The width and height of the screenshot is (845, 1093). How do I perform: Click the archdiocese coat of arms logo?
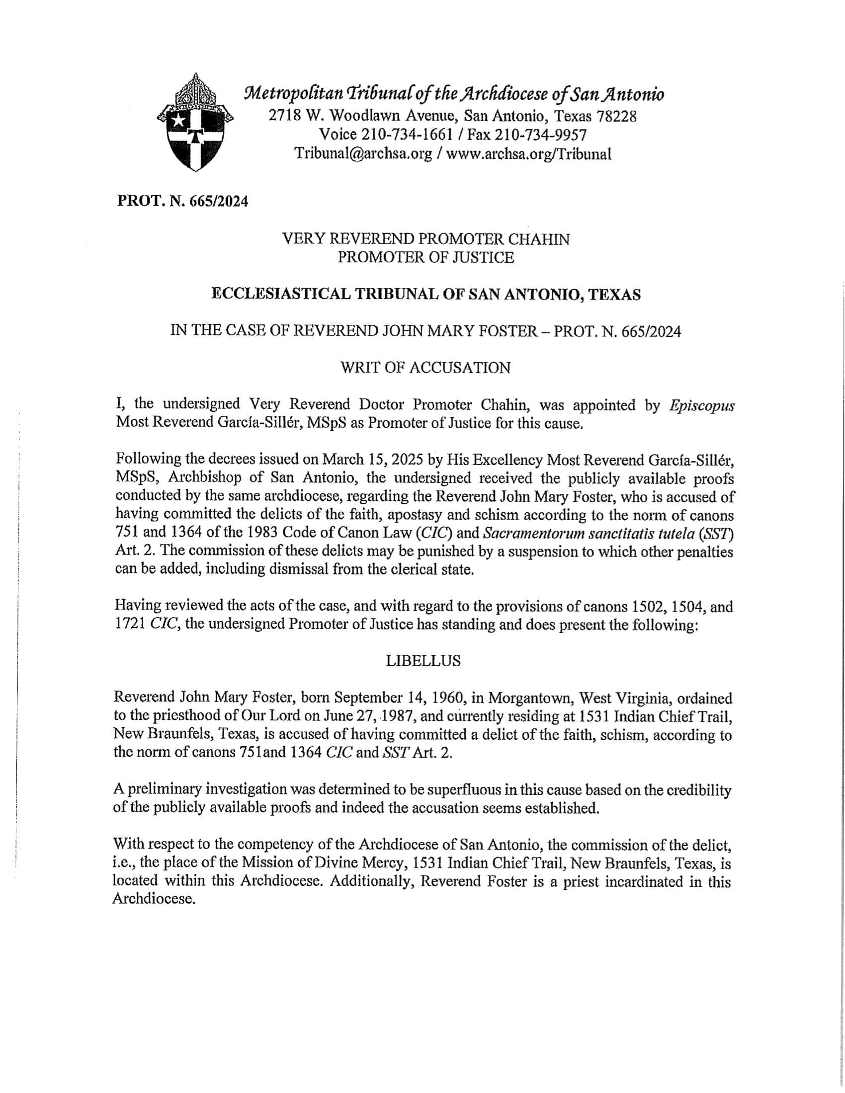pyautogui.click(x=195, y=123)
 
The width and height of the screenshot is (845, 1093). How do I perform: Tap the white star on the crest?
pyautogui.click(x=178, y=120)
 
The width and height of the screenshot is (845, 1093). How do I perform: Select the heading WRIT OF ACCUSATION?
pyautogui.click(x=425, y=368)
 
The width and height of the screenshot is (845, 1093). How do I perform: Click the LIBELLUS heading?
pyautogui.click(x=423, y=661)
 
